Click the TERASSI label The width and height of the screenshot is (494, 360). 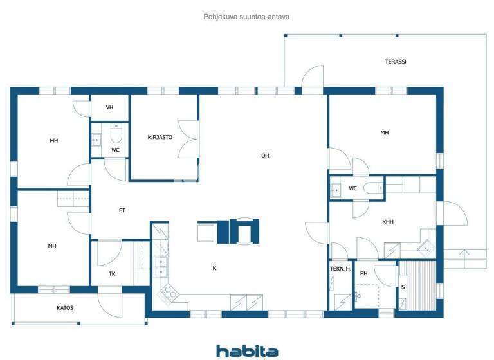(x=396, y=62)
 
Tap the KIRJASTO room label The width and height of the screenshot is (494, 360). (x=160, y=137)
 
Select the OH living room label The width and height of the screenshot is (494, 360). (x=265, y=156)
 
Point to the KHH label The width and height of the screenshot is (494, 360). (x=388, y=222)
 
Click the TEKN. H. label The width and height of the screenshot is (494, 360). (x=340, y=269)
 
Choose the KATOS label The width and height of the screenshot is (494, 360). (x=65, y=308)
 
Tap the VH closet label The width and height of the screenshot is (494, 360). (x=109, y=107)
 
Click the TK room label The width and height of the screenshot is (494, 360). (x=112, y=274)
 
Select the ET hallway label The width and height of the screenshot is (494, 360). (x=122, y=210)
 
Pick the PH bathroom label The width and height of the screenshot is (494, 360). (x=363, y=273)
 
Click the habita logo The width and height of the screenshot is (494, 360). (x=247, y=350)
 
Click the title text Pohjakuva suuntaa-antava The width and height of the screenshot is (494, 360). (x=246, y=17)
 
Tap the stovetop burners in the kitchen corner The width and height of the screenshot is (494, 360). (x=169, y=294)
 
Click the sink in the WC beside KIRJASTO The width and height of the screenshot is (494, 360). (x=96, y=138)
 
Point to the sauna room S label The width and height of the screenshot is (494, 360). (x=403, y=287)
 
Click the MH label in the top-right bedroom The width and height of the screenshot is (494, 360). (x=384, y=132)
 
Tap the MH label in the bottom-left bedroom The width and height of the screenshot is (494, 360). (x=52, y=246)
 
